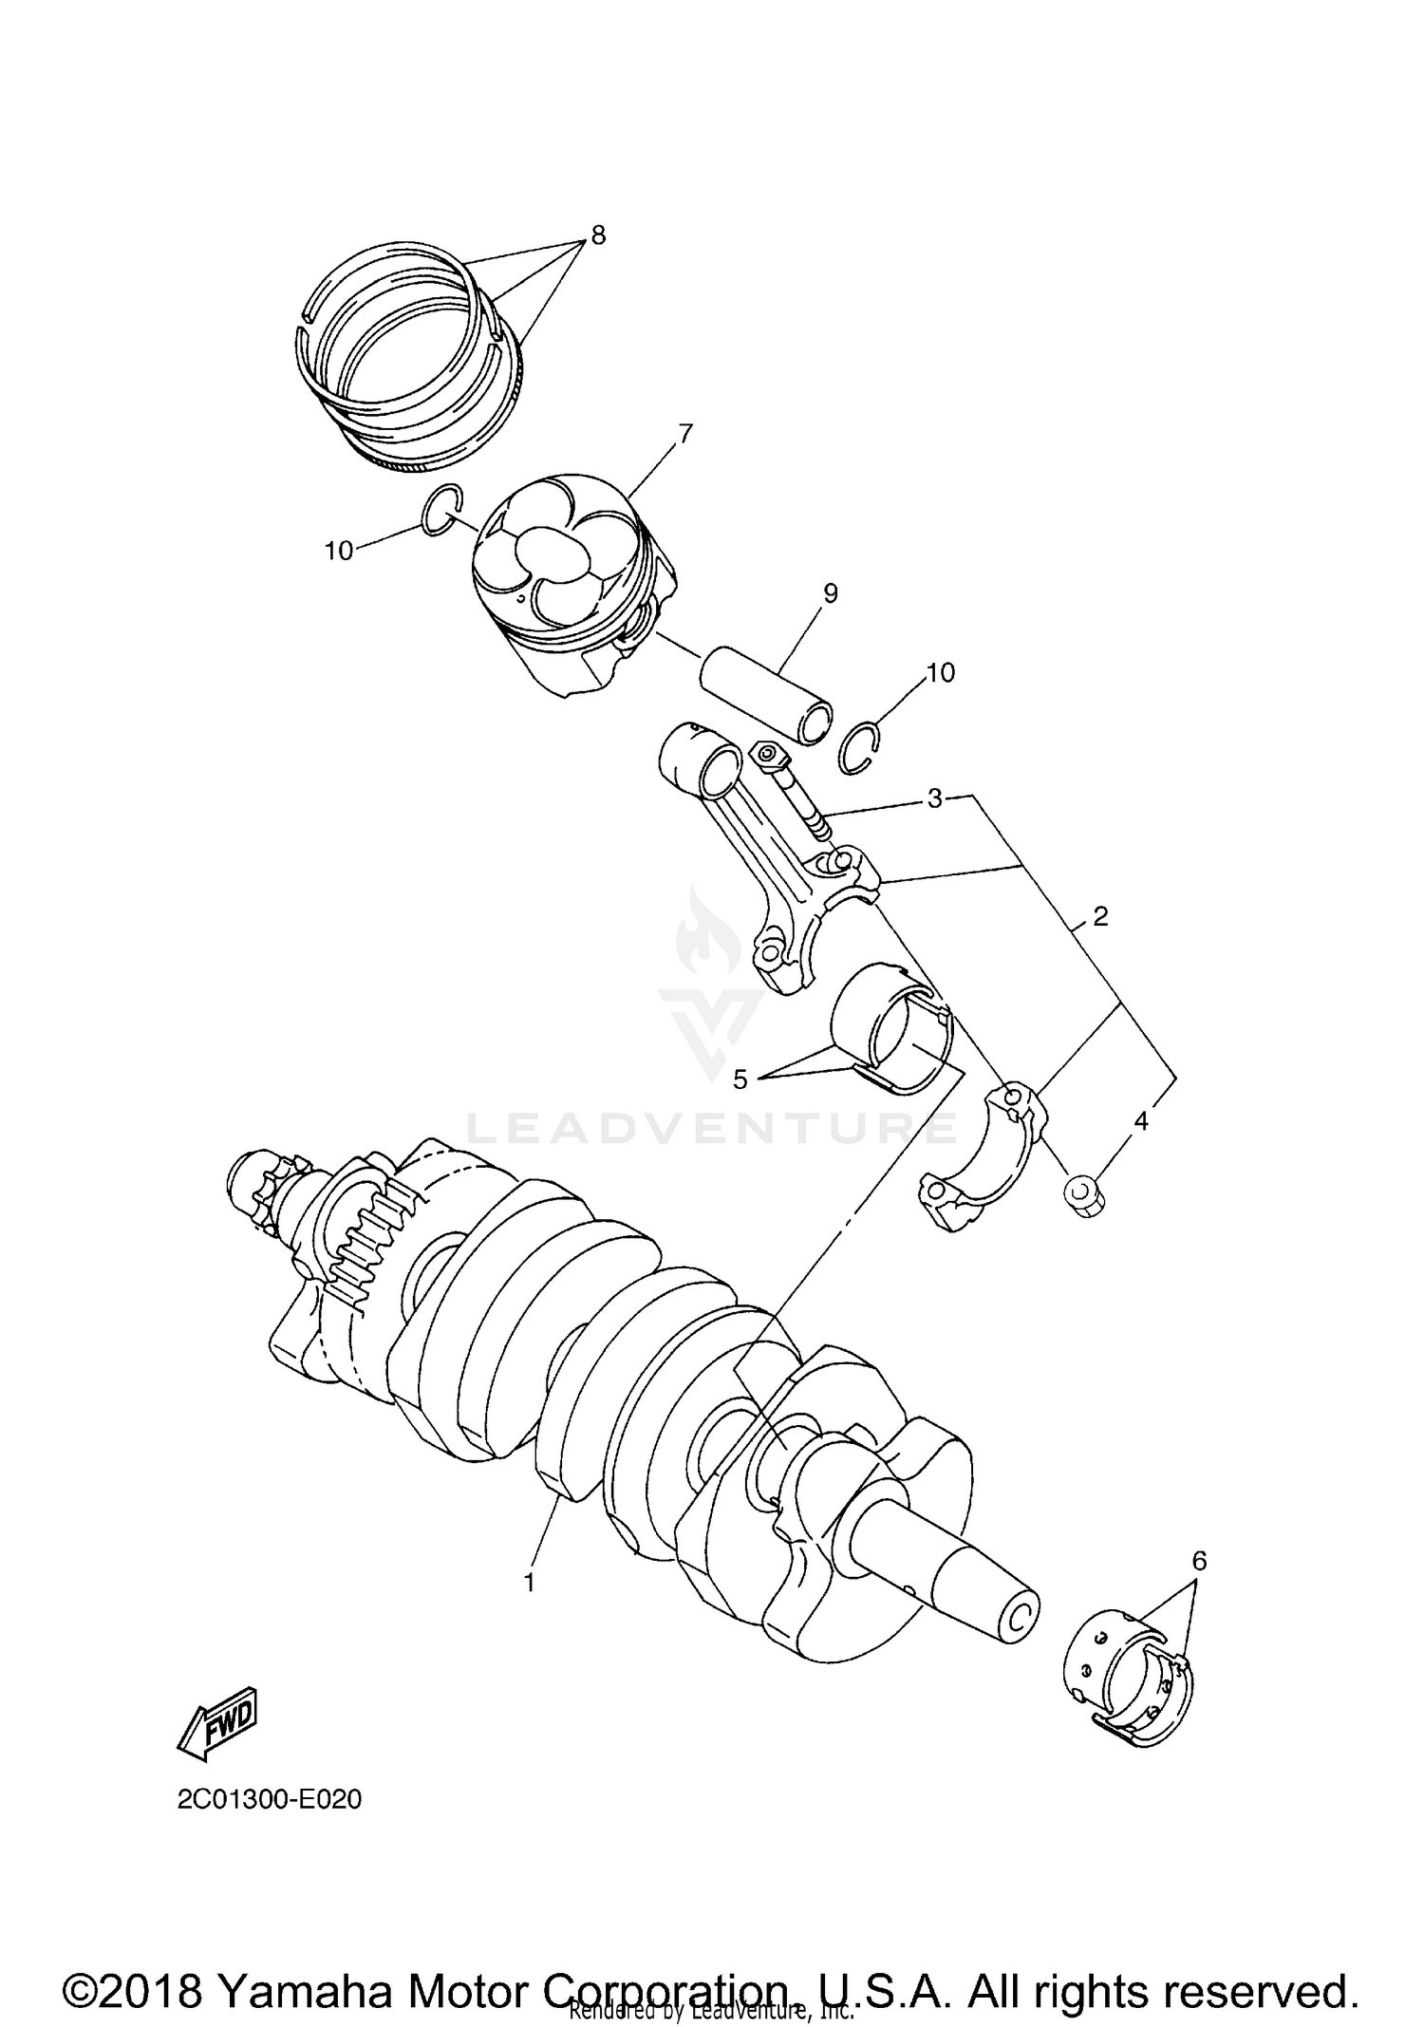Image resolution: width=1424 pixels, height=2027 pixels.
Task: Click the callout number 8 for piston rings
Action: [x=597, y=235]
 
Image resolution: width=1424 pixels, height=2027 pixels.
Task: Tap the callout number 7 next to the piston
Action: [x=684, y=433]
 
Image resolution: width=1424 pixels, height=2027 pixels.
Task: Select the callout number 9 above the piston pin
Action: [x=830, y=593]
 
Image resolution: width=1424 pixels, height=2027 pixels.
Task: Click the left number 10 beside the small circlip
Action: [x=339, y=550]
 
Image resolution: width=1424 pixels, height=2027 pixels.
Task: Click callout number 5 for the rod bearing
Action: [x=740, y=1079]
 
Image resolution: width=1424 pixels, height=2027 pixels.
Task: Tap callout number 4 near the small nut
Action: [x=1140, y=1121]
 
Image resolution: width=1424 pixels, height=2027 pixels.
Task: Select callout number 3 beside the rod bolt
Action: [x=934, y=798]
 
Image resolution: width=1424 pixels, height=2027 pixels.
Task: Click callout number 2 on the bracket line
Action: [x=1100, y=916]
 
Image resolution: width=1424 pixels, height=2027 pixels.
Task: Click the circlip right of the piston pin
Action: [x=861, y=748]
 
